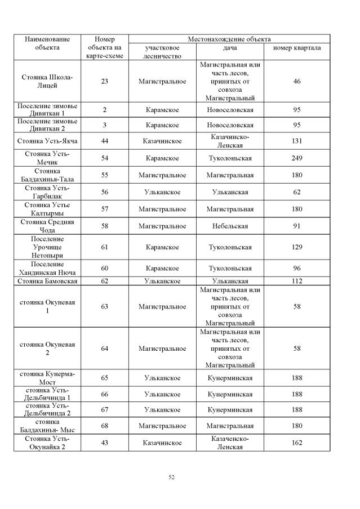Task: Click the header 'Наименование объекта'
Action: click(47, 43)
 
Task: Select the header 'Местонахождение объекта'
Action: click(229, 39)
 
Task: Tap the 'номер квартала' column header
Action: click(297, 48)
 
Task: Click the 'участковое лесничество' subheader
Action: click(162, 52)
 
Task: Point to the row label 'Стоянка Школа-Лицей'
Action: click(47, 81)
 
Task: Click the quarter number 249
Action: click(297, 158)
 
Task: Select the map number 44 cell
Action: click(104, 141)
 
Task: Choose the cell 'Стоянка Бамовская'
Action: click(47, 280)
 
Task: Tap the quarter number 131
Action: click(297, 141)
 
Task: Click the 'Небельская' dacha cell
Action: click(229, 226)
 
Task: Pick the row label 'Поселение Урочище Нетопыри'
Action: click(47, 247)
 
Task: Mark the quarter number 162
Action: click(297, 443)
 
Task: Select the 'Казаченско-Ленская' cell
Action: click(229, 443)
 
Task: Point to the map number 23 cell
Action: click(104, 81)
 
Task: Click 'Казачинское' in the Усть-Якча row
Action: click(162, 141)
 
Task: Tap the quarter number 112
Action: click(297, 280)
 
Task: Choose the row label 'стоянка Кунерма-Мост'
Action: click(47, 378)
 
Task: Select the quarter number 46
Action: click(297, 81)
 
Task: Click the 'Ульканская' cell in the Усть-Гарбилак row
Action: click(229, 192)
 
